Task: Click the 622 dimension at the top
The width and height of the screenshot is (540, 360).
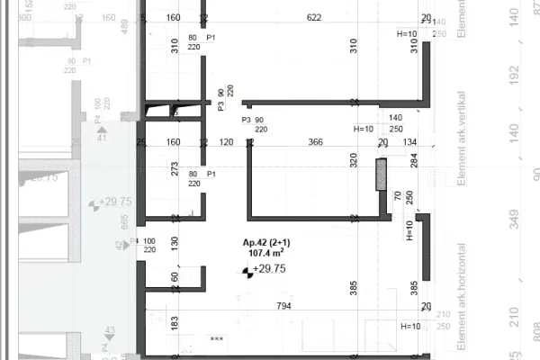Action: click(x=313, y=17)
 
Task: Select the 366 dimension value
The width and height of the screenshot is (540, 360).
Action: click(x=315, y=141)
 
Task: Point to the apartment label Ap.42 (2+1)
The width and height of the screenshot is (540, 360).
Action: click(x=266, y=243)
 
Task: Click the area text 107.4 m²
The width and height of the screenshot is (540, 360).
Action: click(x=265, y=254)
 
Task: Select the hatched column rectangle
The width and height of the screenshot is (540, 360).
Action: click(x=381, y=174)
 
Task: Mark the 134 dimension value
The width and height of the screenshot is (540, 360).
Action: click(x=410, y=141)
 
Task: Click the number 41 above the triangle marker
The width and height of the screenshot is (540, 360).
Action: click(x=102, y=137)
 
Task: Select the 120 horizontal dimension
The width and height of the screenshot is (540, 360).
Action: click(x=226, y=141)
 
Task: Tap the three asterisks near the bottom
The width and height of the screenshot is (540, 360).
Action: click(x=215, y=339)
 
